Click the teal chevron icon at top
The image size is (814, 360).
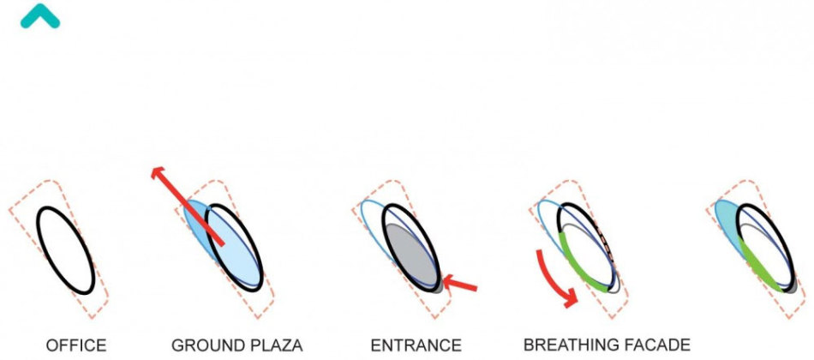[x=40, y=16]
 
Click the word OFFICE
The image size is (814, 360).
[x=76, y=345]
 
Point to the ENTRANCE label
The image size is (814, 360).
[x=416, y=345]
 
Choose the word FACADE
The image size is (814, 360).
[x=655, y=345]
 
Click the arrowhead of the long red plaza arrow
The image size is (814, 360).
[x=158, y=173]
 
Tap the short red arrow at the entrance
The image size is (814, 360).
[x=459, y=284]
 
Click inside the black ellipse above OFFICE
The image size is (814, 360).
[x=65, y=250]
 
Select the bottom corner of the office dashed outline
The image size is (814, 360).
[x=93, y=317]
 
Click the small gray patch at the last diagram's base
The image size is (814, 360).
[x=791, y=289]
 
